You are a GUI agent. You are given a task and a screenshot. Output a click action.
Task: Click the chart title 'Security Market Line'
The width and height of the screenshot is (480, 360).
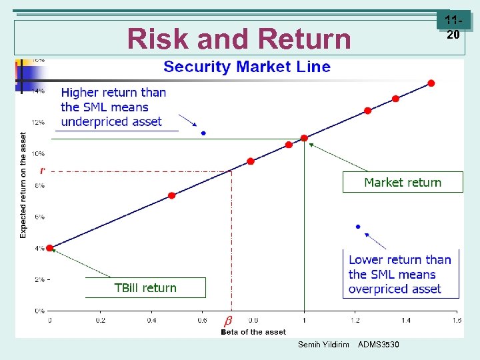coord(247,67)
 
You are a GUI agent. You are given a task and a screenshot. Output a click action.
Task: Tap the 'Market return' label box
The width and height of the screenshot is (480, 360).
coord(402,183)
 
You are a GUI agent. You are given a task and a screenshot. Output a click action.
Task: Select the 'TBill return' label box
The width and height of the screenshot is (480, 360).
coord(145,288)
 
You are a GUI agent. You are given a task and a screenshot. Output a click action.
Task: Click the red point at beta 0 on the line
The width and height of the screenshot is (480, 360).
coord(50,248)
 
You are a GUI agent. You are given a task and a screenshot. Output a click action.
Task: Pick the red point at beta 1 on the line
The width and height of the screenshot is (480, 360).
coord(304,138)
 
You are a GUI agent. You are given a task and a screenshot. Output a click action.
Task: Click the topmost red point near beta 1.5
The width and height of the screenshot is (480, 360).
coord(431,83)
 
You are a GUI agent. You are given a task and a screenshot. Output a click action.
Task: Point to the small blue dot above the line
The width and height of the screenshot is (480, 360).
coord(203,133)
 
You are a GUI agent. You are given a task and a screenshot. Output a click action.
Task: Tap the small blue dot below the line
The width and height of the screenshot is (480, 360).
coord(358,227)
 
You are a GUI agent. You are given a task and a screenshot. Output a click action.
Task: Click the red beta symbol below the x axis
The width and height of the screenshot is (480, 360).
coord(228,321)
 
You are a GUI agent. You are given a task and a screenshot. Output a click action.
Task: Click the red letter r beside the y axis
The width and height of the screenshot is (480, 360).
coord(42,171)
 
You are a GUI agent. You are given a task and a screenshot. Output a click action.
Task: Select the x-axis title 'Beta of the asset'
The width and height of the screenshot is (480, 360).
coord(253,332)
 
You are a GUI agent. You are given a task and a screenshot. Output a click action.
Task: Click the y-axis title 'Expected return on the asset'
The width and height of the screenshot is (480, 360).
coord(23,185)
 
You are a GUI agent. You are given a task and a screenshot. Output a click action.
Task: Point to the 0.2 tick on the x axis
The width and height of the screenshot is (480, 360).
coord(100,320)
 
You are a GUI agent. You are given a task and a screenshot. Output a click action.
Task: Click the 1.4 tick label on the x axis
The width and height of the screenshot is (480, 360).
coord(405,320)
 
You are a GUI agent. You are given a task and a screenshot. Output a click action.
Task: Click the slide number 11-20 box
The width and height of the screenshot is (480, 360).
coord(453,29)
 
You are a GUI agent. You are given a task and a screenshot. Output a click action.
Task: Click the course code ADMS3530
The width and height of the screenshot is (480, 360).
coord(379,345)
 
